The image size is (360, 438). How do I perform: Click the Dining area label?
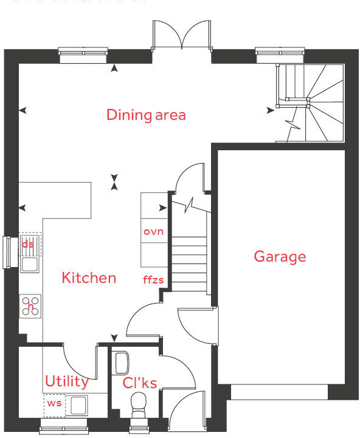[x=146, y=114]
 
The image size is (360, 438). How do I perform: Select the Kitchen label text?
[x=89, y=278]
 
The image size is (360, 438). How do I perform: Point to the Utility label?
[x=66, y=382]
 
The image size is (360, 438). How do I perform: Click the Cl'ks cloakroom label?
[x=140, y=383]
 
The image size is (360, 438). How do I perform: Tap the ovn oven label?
[x=153, y=232]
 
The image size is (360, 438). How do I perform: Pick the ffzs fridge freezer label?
[x=153, y=280]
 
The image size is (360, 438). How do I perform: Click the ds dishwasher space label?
[x=28, y=244]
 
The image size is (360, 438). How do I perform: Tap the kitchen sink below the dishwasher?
[x=29, y=264]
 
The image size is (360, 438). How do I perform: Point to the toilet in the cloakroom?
[x=139, y=403]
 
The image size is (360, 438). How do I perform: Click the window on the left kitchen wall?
[x=7, y=251]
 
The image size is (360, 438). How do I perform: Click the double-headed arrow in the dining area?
[x=114, y=182]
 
